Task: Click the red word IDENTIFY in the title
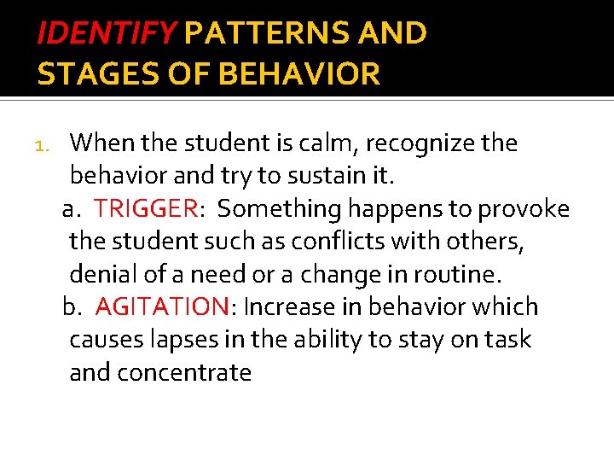(106, 33)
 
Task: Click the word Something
(276, 209)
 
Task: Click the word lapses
(181, 340)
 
